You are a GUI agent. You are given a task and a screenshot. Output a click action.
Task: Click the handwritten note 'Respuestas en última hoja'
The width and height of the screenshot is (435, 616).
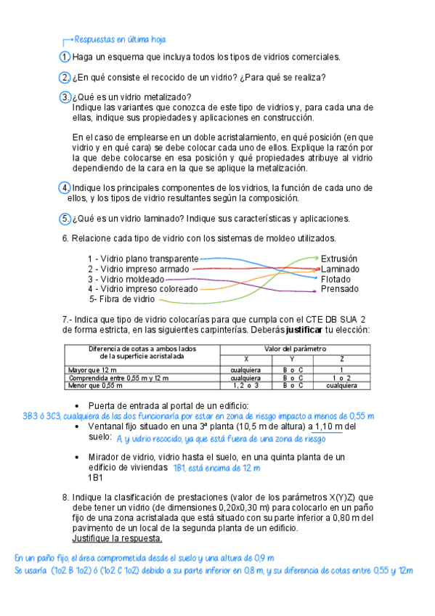[x=120, y=39]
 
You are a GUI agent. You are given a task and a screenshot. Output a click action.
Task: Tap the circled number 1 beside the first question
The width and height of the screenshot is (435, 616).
[x=65, y=57]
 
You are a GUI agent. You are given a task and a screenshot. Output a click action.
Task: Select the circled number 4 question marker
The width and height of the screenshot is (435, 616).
[x=65, y=188]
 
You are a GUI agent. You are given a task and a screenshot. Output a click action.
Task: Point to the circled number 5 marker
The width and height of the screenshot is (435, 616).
[x=65, y=219]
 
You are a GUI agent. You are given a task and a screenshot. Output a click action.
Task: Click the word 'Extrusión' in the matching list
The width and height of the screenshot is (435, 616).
[x=339, y=259]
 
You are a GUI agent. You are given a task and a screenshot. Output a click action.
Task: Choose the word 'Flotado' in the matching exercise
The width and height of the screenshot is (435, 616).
[x=336, y=279]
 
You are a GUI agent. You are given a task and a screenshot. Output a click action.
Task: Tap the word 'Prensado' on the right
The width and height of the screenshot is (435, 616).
[x=339, y=289]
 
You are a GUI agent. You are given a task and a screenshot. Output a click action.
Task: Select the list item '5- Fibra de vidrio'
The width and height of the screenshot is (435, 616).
[x=122, y=299]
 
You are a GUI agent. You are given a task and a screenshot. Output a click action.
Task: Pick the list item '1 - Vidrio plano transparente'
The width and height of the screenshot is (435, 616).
[x=142, y=259]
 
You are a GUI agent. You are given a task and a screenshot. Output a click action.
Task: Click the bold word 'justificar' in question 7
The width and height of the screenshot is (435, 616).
[x=300, y=329]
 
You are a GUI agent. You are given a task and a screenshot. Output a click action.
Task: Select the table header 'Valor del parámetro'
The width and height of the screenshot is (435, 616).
[x=295, y=349]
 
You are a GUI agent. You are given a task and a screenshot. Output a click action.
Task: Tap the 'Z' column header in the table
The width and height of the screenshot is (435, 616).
[x=342, y=360]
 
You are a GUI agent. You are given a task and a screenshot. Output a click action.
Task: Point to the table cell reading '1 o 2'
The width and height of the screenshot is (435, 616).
[x=342, y=378]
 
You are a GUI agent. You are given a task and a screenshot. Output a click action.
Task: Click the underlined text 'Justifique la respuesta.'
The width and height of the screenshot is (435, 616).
[x=117, y=538]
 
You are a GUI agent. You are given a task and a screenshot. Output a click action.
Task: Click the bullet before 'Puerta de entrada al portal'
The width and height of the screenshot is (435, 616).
[x=78, y=405]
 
